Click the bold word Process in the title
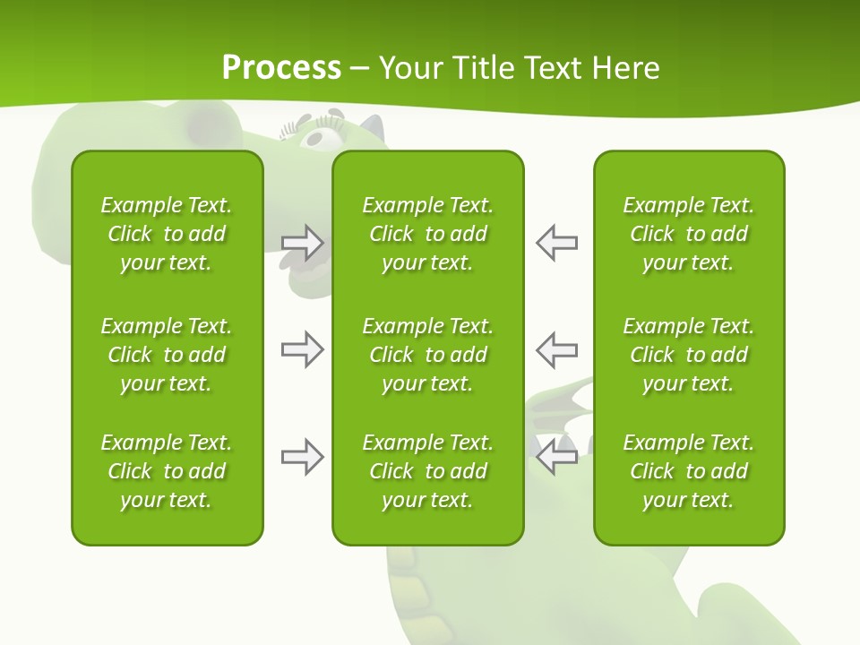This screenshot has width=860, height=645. point(281,68)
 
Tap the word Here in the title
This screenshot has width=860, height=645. point(625,68)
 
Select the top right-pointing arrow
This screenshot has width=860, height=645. point(302,242)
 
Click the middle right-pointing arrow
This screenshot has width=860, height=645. point(302,349)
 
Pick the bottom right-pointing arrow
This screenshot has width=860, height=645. point(302,457)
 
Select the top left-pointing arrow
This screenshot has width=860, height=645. point(557,242)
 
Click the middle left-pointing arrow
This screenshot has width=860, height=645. point(557,349)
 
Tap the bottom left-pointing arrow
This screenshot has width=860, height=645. point(557,457)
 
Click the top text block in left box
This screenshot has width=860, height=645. point(167,234)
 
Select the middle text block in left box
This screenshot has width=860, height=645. point(167,355)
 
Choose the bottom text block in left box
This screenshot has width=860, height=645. point(167,471)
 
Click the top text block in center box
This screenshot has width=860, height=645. point(427,234)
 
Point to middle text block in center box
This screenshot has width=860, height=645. point(427,355)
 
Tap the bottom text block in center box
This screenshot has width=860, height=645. point(427,471)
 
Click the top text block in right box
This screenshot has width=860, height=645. point(688,234)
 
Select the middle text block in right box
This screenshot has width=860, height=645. point(688,355)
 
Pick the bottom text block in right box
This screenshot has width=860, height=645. point(688,471)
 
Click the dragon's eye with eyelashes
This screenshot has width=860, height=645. point(322,137)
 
